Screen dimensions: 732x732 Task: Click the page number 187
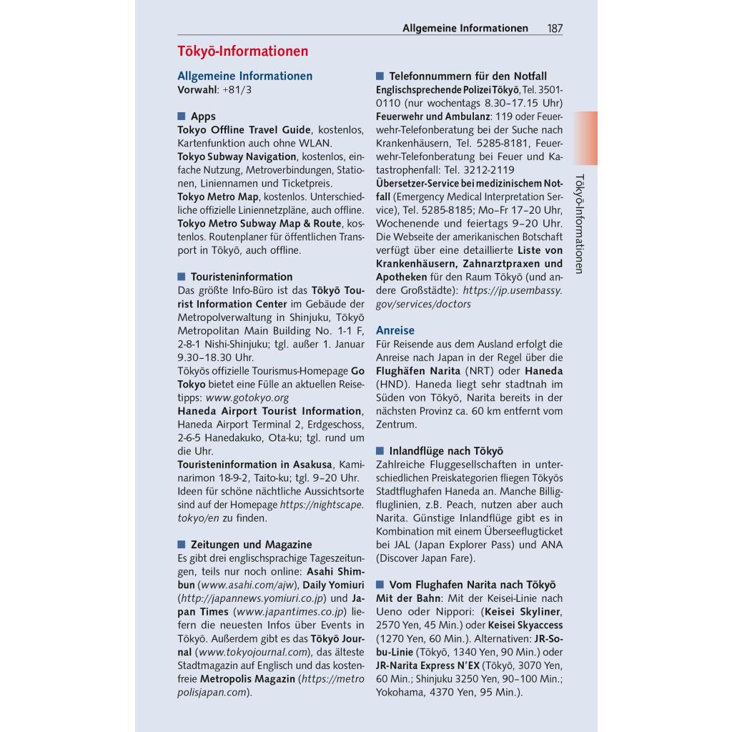[x=555, y=29]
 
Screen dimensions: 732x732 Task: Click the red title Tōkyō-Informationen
[x=242, y=51]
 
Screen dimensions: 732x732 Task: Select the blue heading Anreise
[x=395, y=331]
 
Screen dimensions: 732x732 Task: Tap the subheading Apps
[x=203, y=117]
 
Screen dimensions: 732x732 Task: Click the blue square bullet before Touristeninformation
[x=182, y=277]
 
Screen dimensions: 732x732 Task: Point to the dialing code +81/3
[x=237, y=90]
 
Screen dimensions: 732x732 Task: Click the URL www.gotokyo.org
[x=247, y=397]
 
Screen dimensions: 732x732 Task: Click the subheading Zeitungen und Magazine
[x=251, y=545]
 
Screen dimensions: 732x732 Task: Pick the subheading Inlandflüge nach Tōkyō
[x=446, y=451]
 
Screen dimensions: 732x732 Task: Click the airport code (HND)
[x=392, y=384]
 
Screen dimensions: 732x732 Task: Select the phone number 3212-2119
[x=490, y=170]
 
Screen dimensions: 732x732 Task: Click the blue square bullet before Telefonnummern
[x=380, y=76]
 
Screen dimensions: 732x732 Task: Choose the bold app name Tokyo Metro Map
[x=218, y=197]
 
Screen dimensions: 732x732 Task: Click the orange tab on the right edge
[x=587, y=128]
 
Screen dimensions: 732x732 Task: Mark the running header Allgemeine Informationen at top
[x=465, y=29]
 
